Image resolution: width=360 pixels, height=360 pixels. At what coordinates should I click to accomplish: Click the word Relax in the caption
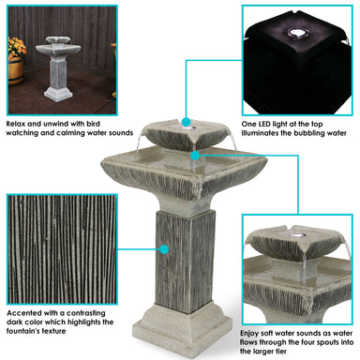15,122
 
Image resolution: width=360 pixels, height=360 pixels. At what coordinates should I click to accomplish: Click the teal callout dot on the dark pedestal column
164,249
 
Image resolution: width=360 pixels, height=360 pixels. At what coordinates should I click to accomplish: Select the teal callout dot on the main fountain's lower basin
194,153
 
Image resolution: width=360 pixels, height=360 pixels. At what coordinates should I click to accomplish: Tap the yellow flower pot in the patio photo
13,70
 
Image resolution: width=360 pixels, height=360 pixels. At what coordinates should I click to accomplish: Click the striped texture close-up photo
60,247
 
